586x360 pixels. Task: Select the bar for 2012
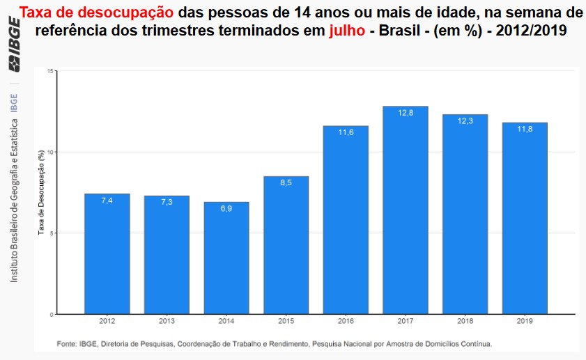[x=107, y=253]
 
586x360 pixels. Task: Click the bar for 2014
[x=226, y=258]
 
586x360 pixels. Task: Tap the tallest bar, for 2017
[x=406, y=210]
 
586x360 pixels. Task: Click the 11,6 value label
[x=346, y=132]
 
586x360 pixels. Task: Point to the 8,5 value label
[x=286, y=183]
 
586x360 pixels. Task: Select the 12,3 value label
[x=465, y=121]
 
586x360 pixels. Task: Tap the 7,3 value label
[x=167, y=202]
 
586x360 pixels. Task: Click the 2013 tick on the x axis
[x=167, y=322]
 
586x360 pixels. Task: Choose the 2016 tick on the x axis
[x=346, y=322]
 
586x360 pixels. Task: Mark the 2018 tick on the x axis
[x=465, y=322]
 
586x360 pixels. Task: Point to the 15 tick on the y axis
[x=50, y=71]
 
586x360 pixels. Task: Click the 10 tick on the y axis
[x=50, y=152]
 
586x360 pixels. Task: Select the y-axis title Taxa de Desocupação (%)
[x=41, y=191]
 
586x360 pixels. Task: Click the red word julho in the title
[x=346, y=31]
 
